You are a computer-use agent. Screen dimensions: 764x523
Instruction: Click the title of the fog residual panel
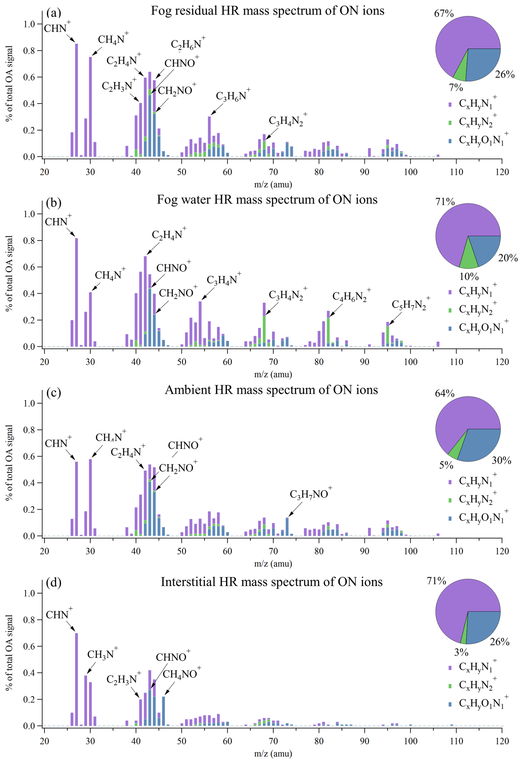[x=267, y=11]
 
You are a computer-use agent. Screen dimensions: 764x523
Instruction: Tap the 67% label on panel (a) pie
[x=443, y=14]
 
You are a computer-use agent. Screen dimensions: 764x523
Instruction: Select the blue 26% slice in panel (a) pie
[x=483, y=64]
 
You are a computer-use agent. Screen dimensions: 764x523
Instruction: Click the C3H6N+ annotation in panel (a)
[x=232, y=96]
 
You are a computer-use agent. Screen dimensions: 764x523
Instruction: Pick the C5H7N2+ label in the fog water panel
[x=410, y=304]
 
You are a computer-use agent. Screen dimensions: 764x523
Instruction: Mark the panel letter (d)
[x=54, y=582]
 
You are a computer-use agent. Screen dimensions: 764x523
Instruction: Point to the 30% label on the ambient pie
[x=501, y=460]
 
